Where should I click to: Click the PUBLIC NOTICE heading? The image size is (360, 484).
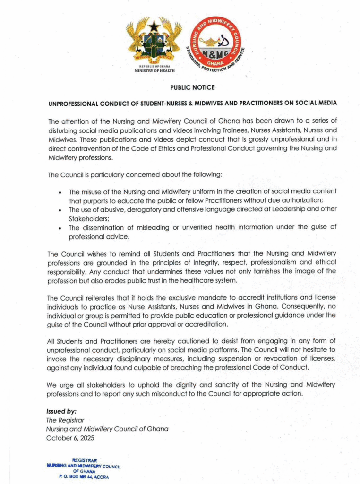tap(192, 87)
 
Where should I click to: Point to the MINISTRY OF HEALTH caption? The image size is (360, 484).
tap(154, 70)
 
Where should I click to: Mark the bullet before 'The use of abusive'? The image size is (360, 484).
tap(60, 210)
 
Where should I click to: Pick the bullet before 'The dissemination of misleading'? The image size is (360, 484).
tap(60, 228)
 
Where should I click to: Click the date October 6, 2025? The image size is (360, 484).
tap(70, 438)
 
